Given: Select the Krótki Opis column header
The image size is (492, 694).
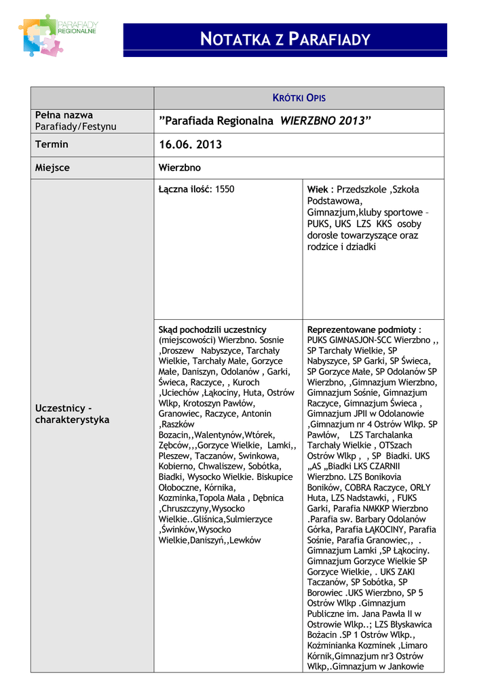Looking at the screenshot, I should (x=299, y=98).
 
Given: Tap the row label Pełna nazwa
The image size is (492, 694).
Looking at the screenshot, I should (x=64, y=115).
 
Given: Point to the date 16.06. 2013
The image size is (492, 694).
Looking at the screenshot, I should (x=190, y=145).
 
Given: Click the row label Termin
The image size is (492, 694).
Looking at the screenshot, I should (x=52, y=144).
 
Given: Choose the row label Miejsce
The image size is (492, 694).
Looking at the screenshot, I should (x=52, y=167).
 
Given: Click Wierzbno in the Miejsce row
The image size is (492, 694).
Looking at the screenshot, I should (x=180, y=167).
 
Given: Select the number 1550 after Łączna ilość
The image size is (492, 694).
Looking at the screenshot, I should (x=225, y=189).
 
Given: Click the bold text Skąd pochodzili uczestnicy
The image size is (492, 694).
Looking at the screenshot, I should (x=212, y=329).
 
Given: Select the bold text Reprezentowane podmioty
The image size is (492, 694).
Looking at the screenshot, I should (x=363, y=329).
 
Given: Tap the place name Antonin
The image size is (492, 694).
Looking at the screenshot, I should (x=257, y=413).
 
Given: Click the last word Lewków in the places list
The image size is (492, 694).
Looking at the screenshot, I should (x=245, y=540).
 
